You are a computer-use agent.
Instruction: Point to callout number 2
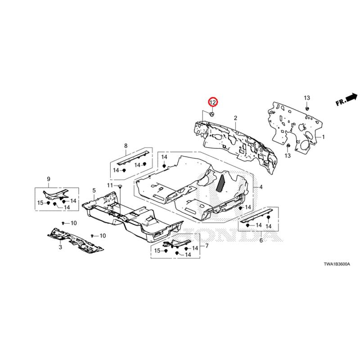(235, 118)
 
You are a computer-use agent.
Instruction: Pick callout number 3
(60, 247)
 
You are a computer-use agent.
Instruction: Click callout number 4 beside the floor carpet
(261, 186)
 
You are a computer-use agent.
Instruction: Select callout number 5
(94, 191)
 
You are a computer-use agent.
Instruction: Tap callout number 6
(261, 241)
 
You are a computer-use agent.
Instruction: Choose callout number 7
(207, 246)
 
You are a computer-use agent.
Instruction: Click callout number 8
(126, 145)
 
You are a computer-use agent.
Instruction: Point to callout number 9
(49, 180)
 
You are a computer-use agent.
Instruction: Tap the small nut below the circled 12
(212, 113)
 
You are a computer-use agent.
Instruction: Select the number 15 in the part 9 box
(40, 203)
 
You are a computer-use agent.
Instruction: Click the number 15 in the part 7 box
(157, 250)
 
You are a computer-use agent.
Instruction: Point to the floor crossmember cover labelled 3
(76, 238)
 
